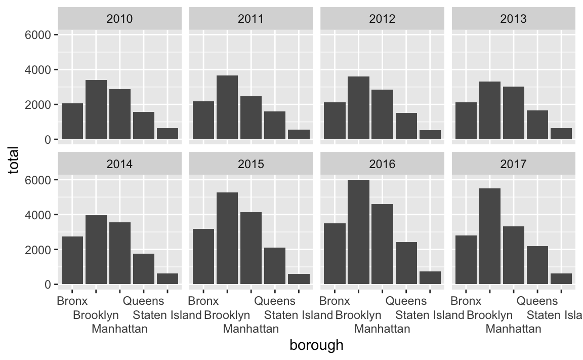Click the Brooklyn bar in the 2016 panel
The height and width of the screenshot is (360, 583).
pyautogui.click(x=358, y=232)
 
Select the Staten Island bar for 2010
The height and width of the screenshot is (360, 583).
pyautogui.click(x=168, y=134)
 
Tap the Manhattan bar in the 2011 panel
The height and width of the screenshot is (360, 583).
pyautogui.click(x=251, y=118)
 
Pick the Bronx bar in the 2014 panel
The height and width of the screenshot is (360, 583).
pyautogui.click(x=72, y=260)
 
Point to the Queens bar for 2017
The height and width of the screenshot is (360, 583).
pyautogui.click(x=537, y=265)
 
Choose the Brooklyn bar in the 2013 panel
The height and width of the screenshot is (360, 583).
pyautogui.click(x=490, y=110)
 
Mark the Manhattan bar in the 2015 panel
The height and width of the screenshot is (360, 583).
pyautogui.click(x=251, y=249)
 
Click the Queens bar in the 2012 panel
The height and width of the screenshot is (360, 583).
pyautogui.click(x=406, y=126)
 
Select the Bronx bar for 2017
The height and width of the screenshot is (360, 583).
pyautogui.click(x=466, y=260)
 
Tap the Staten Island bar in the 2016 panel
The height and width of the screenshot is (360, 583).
pyautogui.click(x=430, y=278)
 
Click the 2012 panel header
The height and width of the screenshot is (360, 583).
pyautogui.click(x=382, y=19)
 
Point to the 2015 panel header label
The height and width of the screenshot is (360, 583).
pyautogui.click(x=251, y=164)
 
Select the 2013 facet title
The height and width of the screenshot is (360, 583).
pyautogui.click(x=514, y=19)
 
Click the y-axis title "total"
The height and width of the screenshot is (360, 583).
pyautogui.click(x=13, y=161)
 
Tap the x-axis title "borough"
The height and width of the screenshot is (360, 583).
pyautogui.click(x=316, y=345)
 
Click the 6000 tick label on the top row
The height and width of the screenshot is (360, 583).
pyautogui.click(x=37, y=35)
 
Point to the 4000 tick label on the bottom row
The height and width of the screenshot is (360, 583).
pyautogui.click(x=37, y=215)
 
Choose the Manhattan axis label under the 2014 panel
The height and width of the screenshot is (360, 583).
pyautogui.click(x=119, y=329)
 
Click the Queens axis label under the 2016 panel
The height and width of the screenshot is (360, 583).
pyautogui.click(x=406, y=300)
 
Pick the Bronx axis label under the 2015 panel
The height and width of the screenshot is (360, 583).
pyautogui.click(x=203, y=300)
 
